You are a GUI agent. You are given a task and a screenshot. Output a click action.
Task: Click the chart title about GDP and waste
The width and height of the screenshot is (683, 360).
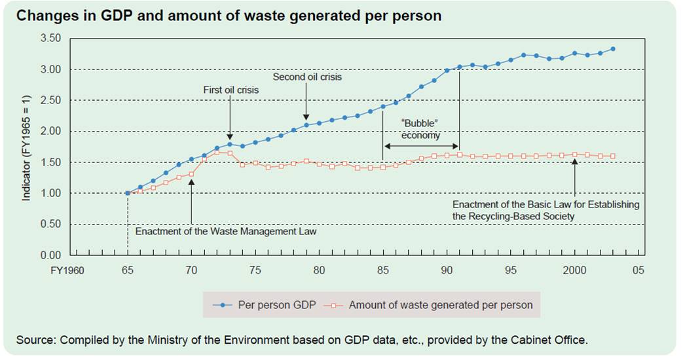(228, 16)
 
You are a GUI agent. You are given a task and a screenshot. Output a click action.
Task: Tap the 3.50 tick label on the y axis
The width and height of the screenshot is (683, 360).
(50, 39)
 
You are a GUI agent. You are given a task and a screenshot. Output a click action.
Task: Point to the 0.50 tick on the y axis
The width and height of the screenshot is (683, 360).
(50, 225)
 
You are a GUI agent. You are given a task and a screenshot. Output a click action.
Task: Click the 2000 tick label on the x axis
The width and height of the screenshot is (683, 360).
(574, 270)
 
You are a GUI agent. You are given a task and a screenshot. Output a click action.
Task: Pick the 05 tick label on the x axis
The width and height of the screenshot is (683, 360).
(638, 270)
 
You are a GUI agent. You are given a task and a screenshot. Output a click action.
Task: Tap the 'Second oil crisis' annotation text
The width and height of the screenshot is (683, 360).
(307, 77)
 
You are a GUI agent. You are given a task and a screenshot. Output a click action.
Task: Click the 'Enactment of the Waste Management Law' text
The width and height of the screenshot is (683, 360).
(225, 232)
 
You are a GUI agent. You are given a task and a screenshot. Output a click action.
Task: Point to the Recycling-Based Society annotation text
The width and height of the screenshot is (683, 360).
(545, 210)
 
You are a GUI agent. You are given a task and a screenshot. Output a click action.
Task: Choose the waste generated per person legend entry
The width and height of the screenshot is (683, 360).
(432, 305)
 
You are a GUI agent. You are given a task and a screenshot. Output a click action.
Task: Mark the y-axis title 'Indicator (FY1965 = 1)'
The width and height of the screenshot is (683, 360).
(27, 147)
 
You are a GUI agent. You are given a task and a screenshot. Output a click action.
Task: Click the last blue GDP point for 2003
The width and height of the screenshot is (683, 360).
(612, 49)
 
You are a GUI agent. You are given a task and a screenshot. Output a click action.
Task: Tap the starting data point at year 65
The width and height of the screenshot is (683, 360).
(127, 193)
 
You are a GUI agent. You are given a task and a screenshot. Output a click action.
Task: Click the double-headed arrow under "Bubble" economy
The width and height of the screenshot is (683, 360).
(422, 145)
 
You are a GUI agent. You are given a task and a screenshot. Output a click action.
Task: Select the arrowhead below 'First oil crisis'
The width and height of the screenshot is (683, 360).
(230, 135)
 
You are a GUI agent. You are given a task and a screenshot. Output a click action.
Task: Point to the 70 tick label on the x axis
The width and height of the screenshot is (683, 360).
(191, 270)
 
